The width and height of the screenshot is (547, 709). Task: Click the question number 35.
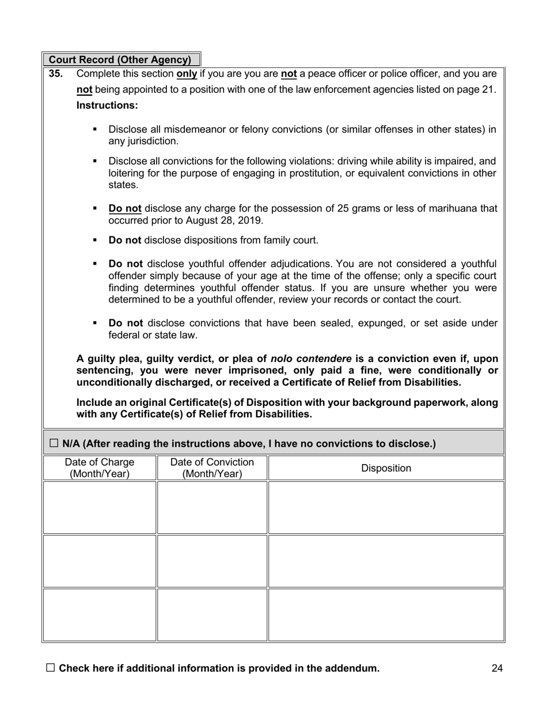(56, 74)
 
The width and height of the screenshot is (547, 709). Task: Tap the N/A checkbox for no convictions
(54, 443)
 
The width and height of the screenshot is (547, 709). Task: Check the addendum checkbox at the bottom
(50, 667)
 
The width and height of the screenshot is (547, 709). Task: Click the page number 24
(497, 668)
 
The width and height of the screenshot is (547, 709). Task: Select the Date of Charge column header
(99, 468)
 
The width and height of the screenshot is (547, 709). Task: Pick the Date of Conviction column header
(212, 468)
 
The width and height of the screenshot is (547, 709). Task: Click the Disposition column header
(386, 468)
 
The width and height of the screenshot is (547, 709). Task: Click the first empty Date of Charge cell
(99, 507)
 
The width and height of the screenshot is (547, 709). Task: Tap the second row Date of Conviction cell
(212, 561)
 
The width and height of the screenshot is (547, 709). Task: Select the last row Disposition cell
(386, 614)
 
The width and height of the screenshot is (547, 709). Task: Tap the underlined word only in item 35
(187, 74)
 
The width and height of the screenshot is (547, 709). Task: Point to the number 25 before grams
(329, 208)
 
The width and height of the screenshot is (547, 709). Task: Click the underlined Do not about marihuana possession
(125, 208)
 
